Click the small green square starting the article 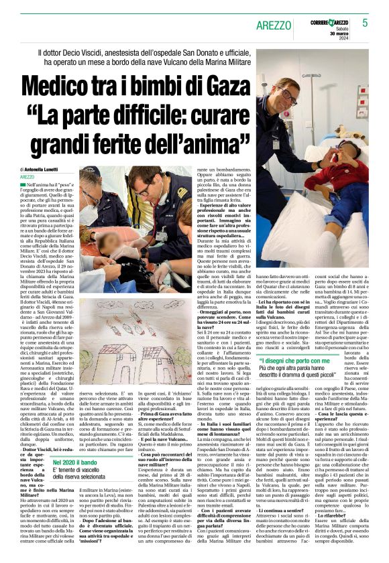[21, 184]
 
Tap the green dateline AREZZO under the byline [27, 176]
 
